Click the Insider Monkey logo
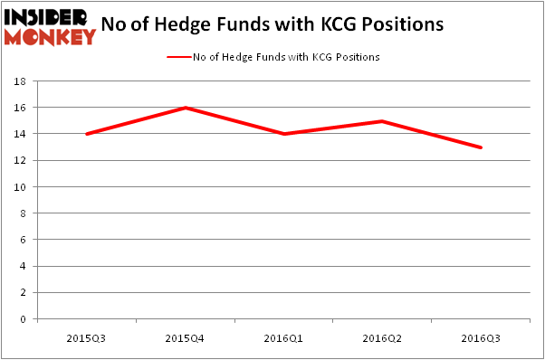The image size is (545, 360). [50, 26]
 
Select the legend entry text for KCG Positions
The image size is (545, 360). [286, 57]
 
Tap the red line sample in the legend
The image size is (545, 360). [178, 57]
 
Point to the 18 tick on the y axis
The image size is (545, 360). [22, 81]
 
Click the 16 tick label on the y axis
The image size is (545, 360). [22, 108]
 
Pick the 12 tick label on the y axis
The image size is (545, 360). [22, 161]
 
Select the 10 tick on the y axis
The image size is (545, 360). [22, 187]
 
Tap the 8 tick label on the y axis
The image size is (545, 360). [24, 213]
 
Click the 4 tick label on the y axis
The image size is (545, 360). [24, 267]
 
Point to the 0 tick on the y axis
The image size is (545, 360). [24, 319]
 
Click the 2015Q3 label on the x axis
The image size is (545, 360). [86, 337]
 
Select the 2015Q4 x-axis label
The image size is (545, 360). [185, 337]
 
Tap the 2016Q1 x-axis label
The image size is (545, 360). [283, 337]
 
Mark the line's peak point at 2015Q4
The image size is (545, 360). [185, 108]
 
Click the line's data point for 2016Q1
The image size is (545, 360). [283, 134]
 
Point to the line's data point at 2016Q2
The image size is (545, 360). [382, 121]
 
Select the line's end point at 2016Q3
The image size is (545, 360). [481, 147]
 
